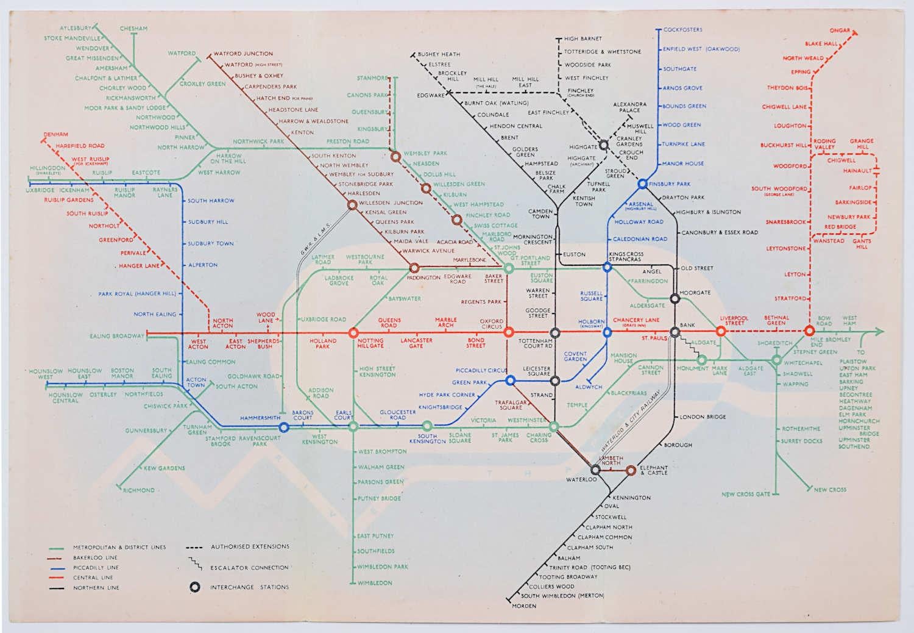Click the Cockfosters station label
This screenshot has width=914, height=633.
682,29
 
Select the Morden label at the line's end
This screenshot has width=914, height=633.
524,606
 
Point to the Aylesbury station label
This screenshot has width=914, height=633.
76,28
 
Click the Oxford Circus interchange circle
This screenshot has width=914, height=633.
509,332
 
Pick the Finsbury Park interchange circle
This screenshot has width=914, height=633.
642,184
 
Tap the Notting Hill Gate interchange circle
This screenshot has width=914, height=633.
353,333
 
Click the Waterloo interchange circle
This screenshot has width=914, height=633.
595,470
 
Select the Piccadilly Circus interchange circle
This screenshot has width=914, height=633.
511,381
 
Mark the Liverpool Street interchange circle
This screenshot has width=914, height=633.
720,332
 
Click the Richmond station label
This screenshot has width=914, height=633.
139,490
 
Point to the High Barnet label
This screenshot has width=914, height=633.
583,39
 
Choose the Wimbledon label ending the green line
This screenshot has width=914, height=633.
375,583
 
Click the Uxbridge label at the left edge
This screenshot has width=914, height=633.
40,190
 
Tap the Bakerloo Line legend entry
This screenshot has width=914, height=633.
95,557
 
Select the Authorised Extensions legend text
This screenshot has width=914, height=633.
250,546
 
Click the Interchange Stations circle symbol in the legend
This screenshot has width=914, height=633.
194,587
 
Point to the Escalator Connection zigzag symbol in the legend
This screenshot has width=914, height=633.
195,564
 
